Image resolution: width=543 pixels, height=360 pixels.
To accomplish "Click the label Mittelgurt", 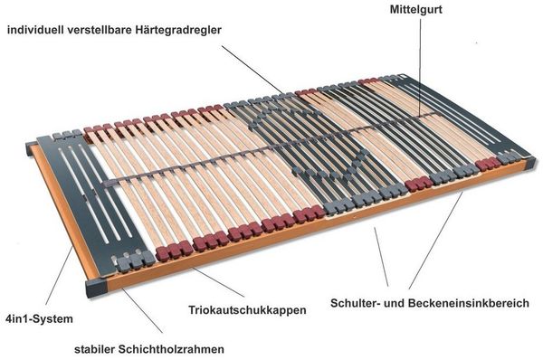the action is coord(416,9).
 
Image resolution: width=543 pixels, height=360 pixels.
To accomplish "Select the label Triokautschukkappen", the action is coord(247,310).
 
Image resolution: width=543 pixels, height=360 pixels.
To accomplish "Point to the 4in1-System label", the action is coord(40,318).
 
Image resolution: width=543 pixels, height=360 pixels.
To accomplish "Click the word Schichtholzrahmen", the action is coord(171,349).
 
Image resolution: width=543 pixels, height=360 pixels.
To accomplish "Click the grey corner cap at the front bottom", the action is coord(96,287).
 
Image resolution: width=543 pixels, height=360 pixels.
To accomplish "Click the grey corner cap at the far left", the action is coord(30,147).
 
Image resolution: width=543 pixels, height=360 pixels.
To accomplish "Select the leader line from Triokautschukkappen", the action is coord(218,282).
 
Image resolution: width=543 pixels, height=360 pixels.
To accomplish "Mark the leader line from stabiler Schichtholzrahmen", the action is coord(142,310).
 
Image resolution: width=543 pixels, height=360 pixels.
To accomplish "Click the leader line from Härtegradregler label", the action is coord(253,70).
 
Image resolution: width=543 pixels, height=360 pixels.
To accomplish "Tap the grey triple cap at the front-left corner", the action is coord(134,261).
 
